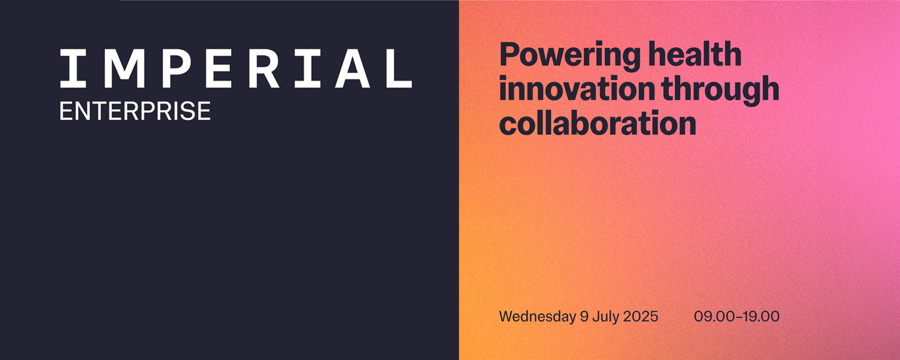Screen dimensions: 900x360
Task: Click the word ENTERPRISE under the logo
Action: tap(135, 111)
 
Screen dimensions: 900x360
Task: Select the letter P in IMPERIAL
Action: tap(176, 68)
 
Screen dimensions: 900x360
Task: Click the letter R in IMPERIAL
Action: tap(264, 68)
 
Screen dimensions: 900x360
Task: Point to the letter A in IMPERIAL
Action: tap(352, 68)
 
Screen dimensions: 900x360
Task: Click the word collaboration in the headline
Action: tap(597, 123)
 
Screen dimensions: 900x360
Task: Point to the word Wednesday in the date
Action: tap(537, 317)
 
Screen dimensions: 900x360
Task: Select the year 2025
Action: tap(641, 317)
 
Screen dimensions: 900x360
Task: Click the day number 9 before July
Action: tap(584, 317)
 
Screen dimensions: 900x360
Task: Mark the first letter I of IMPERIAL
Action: tap(73, 68)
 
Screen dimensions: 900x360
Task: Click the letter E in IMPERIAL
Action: tap(219, 68)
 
